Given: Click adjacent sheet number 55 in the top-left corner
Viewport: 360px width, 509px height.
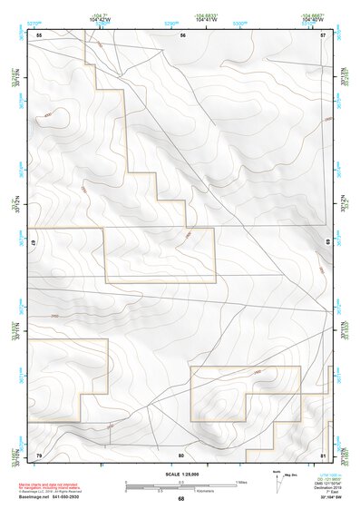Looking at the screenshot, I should click(x=39, y=34).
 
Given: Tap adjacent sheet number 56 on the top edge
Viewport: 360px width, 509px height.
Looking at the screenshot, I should click(x=182, y=34).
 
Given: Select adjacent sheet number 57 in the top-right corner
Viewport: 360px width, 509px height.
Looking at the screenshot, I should click(x=323, y=34).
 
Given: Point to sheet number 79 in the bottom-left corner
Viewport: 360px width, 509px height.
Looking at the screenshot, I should click(x=39, y=454).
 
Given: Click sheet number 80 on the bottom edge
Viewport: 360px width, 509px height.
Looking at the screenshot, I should click(x=181, y=454).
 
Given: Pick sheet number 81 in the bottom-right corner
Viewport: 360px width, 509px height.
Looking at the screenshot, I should click(x=323, y=454).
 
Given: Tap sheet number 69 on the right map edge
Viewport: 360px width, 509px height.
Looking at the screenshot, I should click(x=326, y=243).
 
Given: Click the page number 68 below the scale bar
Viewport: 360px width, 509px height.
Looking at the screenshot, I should click(x=181, y=498).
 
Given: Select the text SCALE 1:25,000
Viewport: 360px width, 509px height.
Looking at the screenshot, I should click(x=180, y=474).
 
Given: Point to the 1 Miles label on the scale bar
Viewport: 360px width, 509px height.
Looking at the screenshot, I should click(x=241, y=481).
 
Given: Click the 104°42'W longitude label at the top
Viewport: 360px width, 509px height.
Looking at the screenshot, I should click(x=101, y=18).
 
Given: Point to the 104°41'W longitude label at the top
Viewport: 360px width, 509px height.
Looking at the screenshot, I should click(x=207, y=18).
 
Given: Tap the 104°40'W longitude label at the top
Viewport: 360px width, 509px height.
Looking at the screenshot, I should click(x=312, y=18).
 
